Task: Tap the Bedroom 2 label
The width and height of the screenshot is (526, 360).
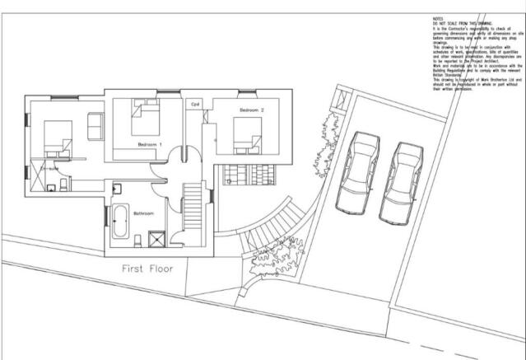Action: pyautogui.click(x=251, y=110)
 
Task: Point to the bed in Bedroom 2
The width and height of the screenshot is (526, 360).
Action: pyautogui.click(x=247, y=133)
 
